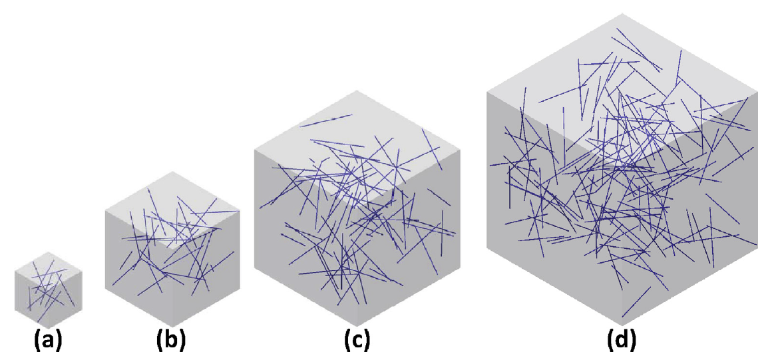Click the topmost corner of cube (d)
pos(621,13)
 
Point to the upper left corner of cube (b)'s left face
pos(105,211)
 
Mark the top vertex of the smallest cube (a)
pos(49,252)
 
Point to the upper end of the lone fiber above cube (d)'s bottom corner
pos(651,287)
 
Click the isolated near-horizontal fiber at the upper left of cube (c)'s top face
pos(326,120)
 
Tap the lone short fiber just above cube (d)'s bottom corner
pos(636,301)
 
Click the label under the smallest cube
pos(48,342)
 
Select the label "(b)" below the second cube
pos(172,341)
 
